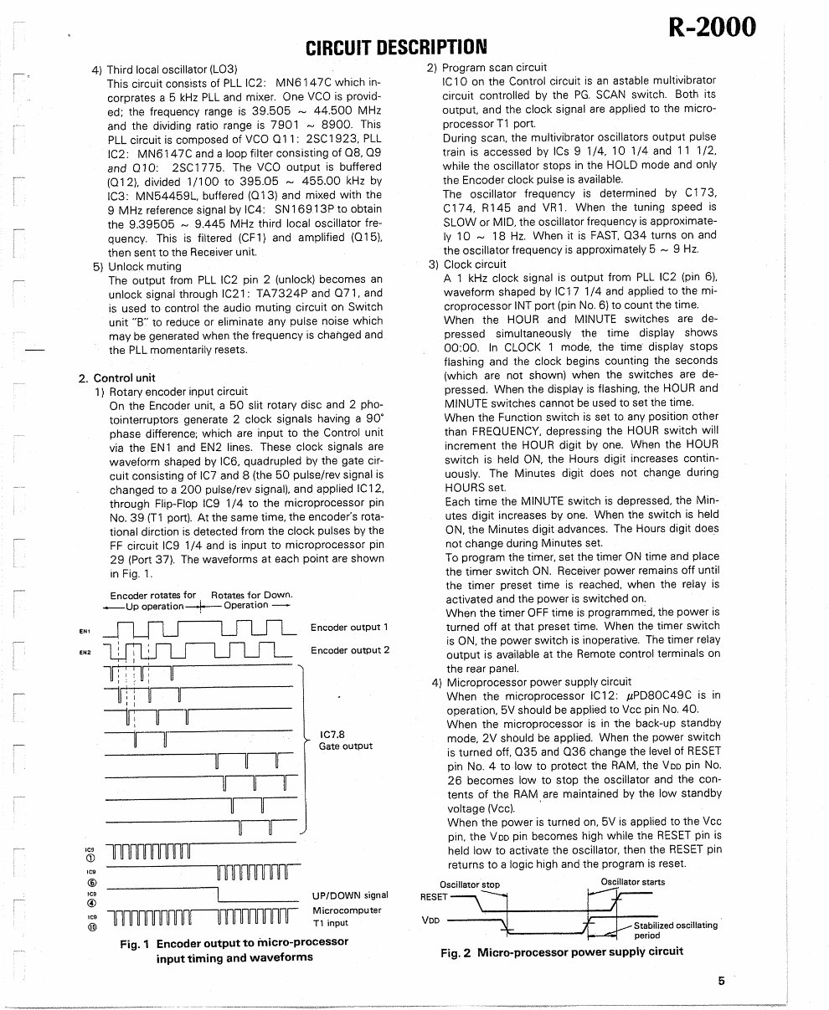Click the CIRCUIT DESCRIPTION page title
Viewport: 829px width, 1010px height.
click(x=395, y=46)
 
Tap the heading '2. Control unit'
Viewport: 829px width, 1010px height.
click(x=116, y=377)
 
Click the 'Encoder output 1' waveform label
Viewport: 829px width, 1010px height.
click(x=349, y=627)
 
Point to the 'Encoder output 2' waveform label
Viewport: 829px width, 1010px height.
click(x=349, y=650)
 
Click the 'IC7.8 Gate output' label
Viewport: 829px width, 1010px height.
click(x=345, y=741)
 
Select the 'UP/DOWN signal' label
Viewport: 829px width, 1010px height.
click(x=349, y=895)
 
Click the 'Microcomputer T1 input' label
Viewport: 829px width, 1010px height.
click(x=346, y=916)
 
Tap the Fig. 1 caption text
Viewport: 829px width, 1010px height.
click(x=234, y=950)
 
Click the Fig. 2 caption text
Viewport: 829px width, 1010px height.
click(x=561, y=951)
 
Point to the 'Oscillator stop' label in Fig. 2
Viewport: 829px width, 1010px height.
click(x=469, y=884)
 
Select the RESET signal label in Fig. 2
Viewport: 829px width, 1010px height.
click(x=434, y=896)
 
